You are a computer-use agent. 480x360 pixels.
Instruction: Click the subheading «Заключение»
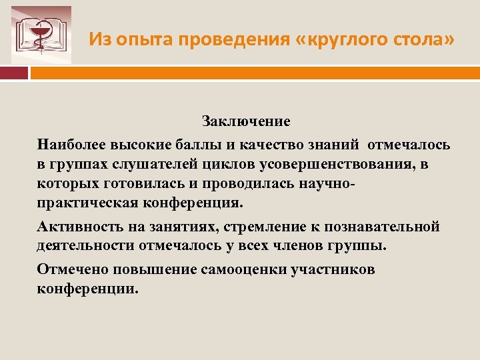pyautogui.click(x=247, y=122)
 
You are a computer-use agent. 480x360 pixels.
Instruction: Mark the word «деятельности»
pyautogui.click(x=86, y=247)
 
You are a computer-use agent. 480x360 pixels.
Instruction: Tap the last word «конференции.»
pyautogui.click(x=89, y=289)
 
